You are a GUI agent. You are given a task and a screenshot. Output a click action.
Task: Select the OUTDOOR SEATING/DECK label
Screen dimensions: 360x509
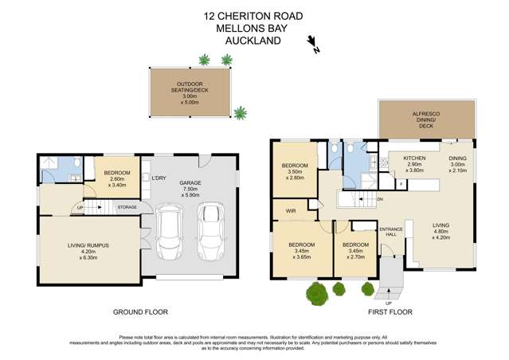point(188,92)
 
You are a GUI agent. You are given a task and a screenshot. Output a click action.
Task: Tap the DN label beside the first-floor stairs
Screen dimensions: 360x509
point(380,198)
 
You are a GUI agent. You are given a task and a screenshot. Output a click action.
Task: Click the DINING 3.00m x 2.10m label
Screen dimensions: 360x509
point(457,164)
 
